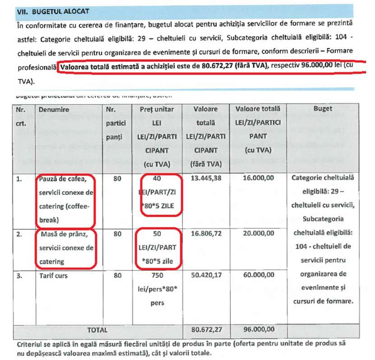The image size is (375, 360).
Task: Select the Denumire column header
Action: (x=54, y=109)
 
